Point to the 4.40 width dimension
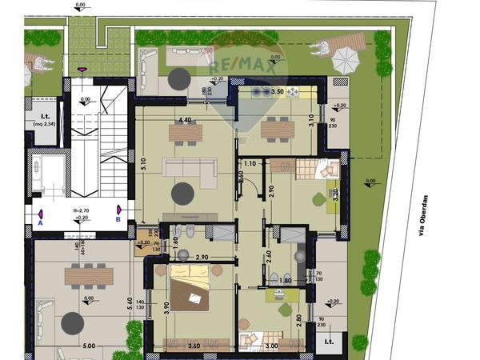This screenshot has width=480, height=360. coord(186,120)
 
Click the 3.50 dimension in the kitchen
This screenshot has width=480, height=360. coord(278,93)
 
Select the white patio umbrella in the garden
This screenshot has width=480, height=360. coord(346,58)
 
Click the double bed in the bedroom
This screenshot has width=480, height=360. coord(192,292)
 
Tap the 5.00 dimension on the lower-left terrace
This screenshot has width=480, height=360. coord(88,346)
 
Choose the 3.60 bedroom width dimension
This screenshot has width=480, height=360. coord(193,346)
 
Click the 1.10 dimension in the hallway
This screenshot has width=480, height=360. coord(250,163)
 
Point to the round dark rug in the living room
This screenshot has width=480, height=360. coord(183,193)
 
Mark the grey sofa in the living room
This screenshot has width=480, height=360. coord(190,166)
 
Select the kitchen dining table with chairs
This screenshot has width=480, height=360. coord(278,128)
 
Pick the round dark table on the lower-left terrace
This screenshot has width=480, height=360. coord(74,322)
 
